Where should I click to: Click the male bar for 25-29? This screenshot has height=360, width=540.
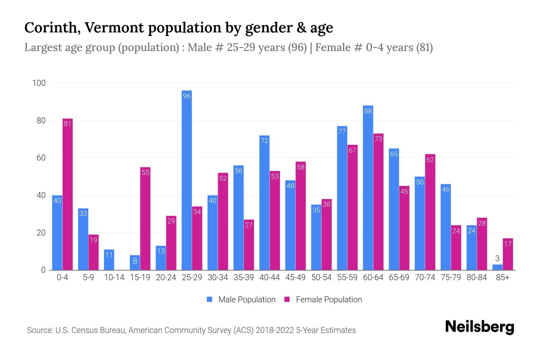pos(187,180)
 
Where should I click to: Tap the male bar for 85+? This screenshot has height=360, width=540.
pos(497,267)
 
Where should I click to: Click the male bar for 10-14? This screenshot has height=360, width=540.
pos(109,260)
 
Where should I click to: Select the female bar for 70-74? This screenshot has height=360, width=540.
pos(430,212)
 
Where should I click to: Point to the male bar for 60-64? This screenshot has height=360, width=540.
pos(368,187)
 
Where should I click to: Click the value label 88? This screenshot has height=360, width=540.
pos(368,111)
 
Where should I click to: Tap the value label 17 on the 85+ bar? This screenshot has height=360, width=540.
pos(508,244)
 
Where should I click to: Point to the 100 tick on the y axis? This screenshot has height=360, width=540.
pos(39,83)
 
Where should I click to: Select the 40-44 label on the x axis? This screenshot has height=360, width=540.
pos(269,277)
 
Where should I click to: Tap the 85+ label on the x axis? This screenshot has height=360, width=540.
pos(502,277)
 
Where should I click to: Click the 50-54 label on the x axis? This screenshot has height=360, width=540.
pos(321,277)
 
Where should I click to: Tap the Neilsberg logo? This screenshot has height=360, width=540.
pos(479,327)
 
